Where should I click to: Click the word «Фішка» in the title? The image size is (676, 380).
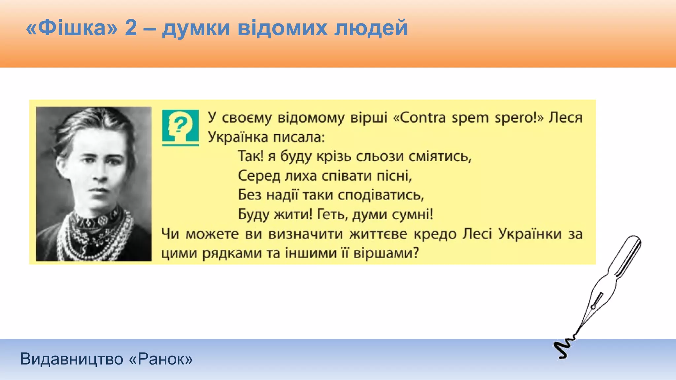pyautogui.click(x=72, y=28)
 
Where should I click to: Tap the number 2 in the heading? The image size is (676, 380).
pyautogui.click(x=131, y=28)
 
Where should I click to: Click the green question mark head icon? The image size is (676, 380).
pyautogui.click(x=180, y=127)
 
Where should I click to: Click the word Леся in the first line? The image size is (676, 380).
pyautogui.click(x=565, y=118)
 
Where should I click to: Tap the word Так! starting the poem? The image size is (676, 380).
pyautogui.click(x=251, y=156)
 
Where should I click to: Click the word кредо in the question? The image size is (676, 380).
pyautogui.click(x=435, y=234)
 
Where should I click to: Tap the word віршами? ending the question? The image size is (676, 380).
pyautogui.click(x=386, y=253)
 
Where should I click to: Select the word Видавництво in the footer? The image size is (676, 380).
pyautogui.click(x=72, y=359)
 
